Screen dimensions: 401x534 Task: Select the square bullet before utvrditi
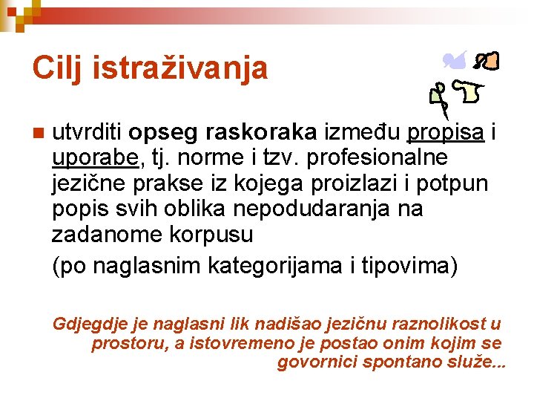(x=38, y=134)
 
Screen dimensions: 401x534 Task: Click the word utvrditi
(x=87, y=133)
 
